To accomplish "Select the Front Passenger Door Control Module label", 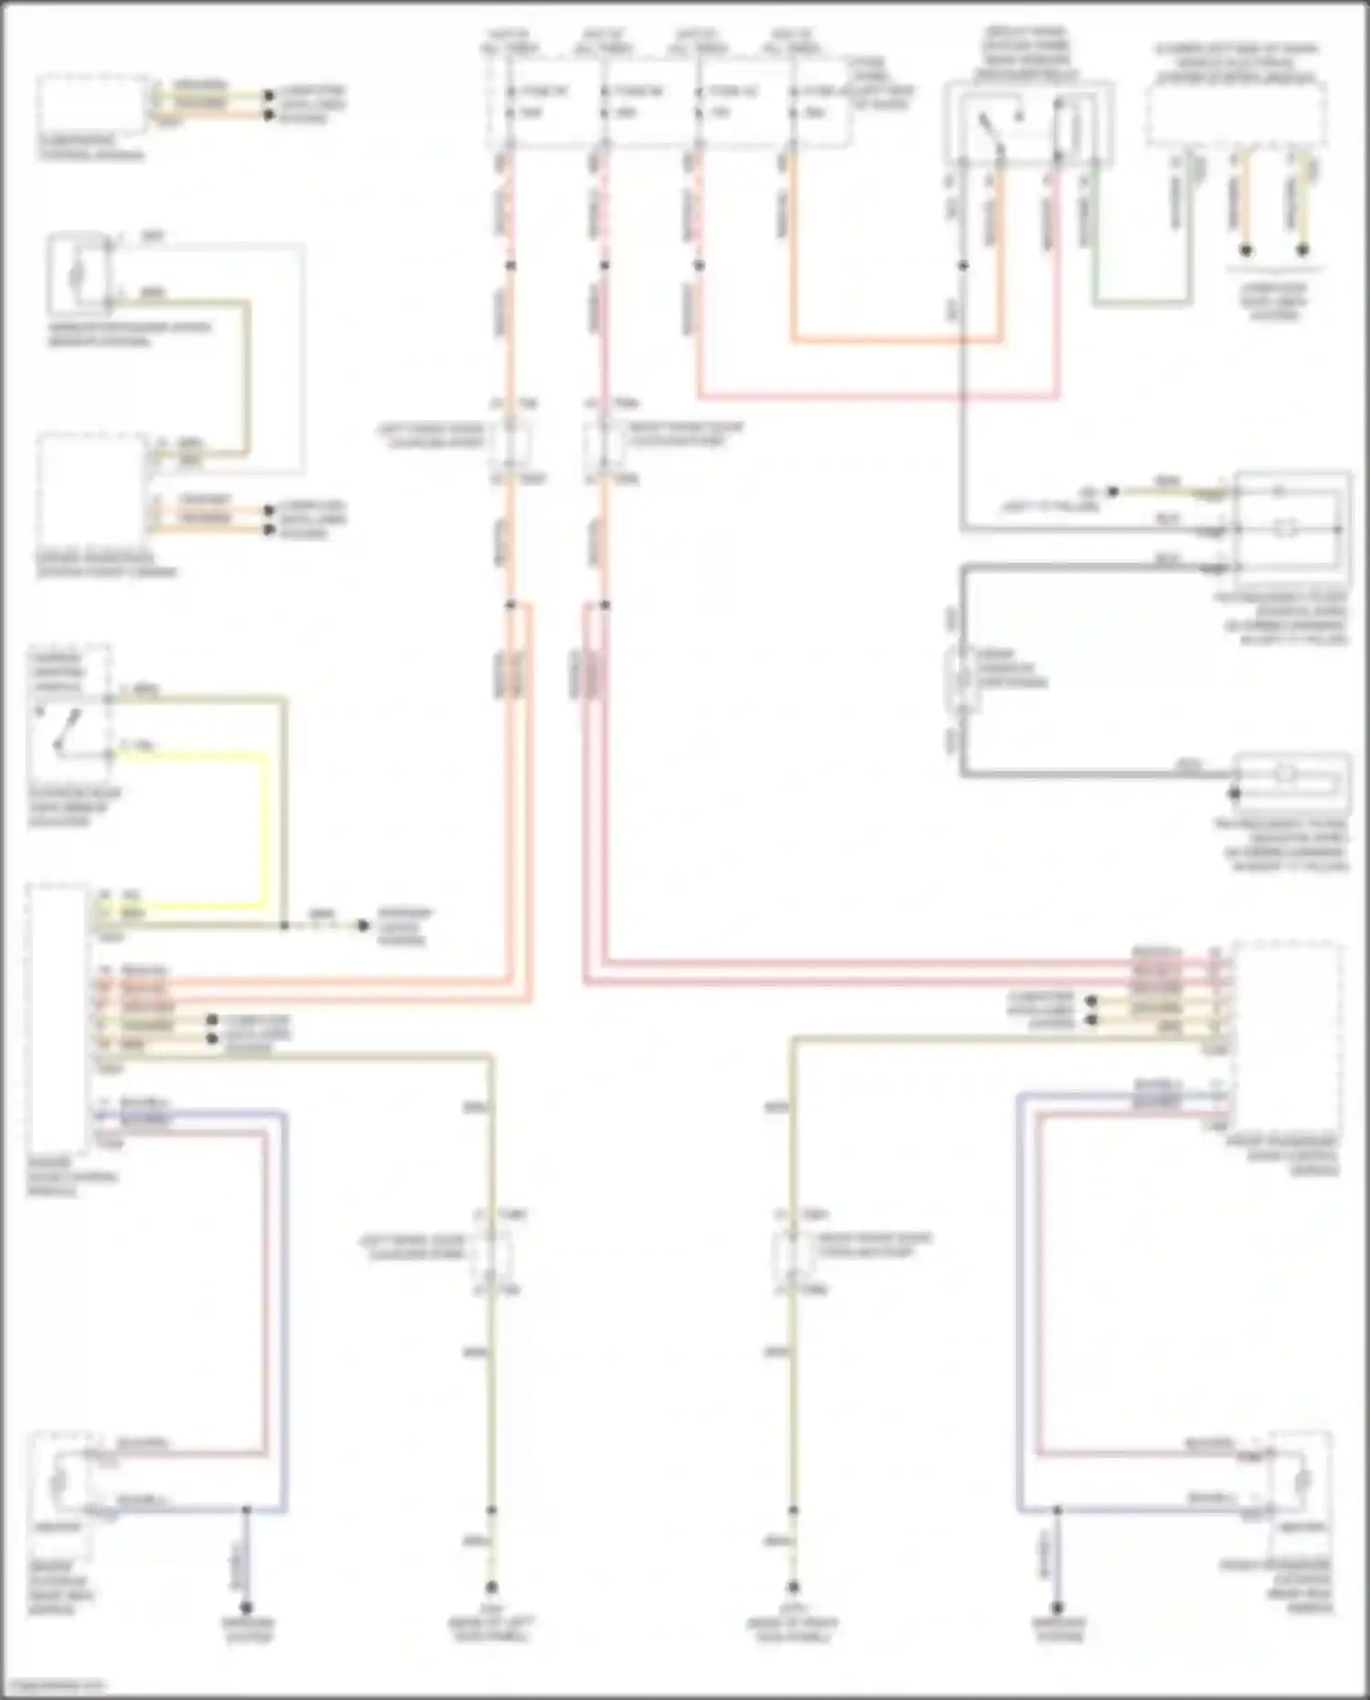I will click(1294, 1156).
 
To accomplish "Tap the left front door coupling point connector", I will click(510, 440).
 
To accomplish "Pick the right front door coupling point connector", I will click(604, 440).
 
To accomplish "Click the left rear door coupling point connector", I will click(491, 1251).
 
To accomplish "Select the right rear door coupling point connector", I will click(793, 1251).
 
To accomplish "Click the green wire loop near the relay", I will click(1142, 301).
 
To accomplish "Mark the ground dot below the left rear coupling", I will click(491, 1587).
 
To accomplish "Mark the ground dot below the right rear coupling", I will click(793, 1587).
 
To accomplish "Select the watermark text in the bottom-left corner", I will click(53, 1685).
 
